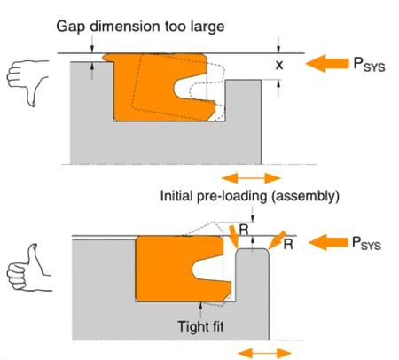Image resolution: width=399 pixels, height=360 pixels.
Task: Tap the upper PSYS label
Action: point(370,64)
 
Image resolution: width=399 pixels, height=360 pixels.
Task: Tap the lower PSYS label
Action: point(366,243)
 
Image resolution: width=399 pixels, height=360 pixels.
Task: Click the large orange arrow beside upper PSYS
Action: point(327,63)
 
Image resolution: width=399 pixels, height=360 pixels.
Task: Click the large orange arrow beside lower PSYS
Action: point(328,242)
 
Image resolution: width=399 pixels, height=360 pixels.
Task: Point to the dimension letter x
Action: point(279,65)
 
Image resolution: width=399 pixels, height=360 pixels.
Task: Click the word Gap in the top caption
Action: point(71,27)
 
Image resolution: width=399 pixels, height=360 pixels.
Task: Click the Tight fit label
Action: point(200,326)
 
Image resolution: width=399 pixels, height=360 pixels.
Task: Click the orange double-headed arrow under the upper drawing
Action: point(251,178)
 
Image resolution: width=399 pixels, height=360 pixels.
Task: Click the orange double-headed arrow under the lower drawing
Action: point(264,353)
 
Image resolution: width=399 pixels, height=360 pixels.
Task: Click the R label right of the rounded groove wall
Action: point(288,244)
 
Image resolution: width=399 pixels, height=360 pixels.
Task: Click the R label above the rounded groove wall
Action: point(244,230)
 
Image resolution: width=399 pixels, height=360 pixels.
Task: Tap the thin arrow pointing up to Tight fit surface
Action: point(201,309)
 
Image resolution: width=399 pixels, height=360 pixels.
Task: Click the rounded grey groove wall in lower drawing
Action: point(252,293)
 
